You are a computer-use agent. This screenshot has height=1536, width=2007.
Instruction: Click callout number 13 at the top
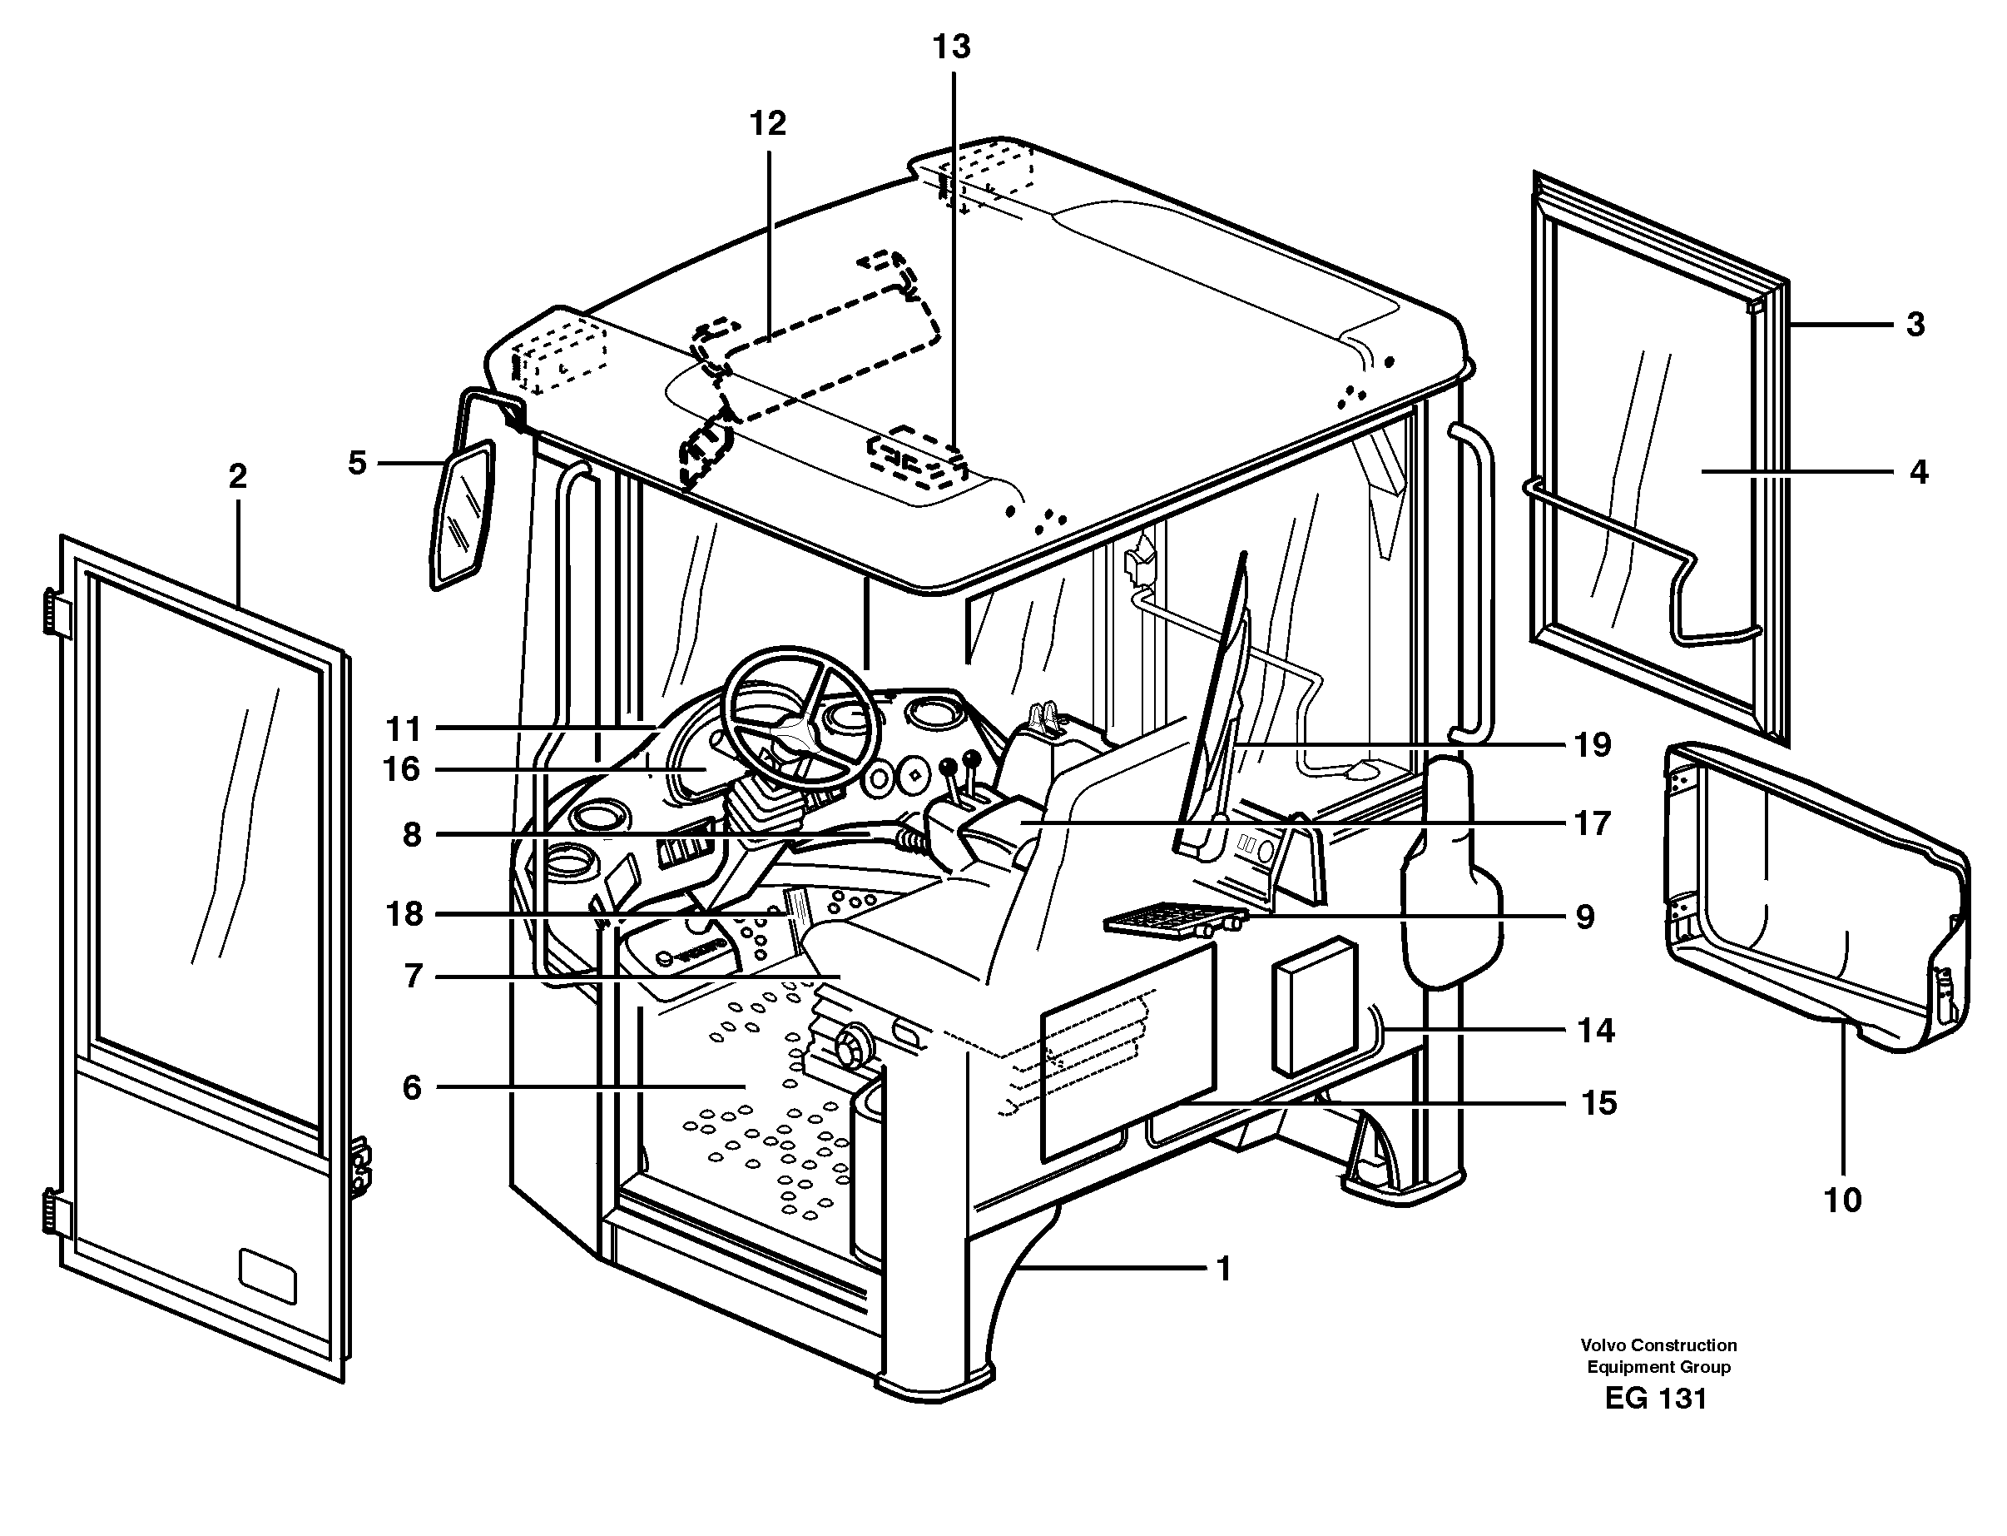[x=951, y=47]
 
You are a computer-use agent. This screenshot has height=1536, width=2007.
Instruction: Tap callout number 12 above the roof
[x=768, y=122]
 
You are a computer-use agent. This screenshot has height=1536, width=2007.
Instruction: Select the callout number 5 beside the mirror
[x=357, y=464]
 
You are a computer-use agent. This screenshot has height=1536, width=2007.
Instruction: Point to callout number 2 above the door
[x=238, y=475]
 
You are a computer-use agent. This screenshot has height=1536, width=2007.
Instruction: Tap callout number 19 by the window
[x=1591, y=745]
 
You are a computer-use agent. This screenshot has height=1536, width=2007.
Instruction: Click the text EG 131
[x=1656, y=1399]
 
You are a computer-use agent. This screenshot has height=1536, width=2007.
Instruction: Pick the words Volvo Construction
[x=1659, y=1345]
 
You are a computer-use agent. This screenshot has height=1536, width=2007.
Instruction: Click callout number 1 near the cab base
[x=1224, y=1269]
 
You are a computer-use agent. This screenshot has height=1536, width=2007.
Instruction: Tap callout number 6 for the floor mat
[x=412, y=1087]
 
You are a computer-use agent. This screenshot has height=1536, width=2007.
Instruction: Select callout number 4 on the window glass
[x=1918, y=473]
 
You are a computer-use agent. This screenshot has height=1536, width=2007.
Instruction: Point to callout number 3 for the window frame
[x=1915, y=325]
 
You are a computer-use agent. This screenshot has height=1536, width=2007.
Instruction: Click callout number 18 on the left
[x=404, y=913]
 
